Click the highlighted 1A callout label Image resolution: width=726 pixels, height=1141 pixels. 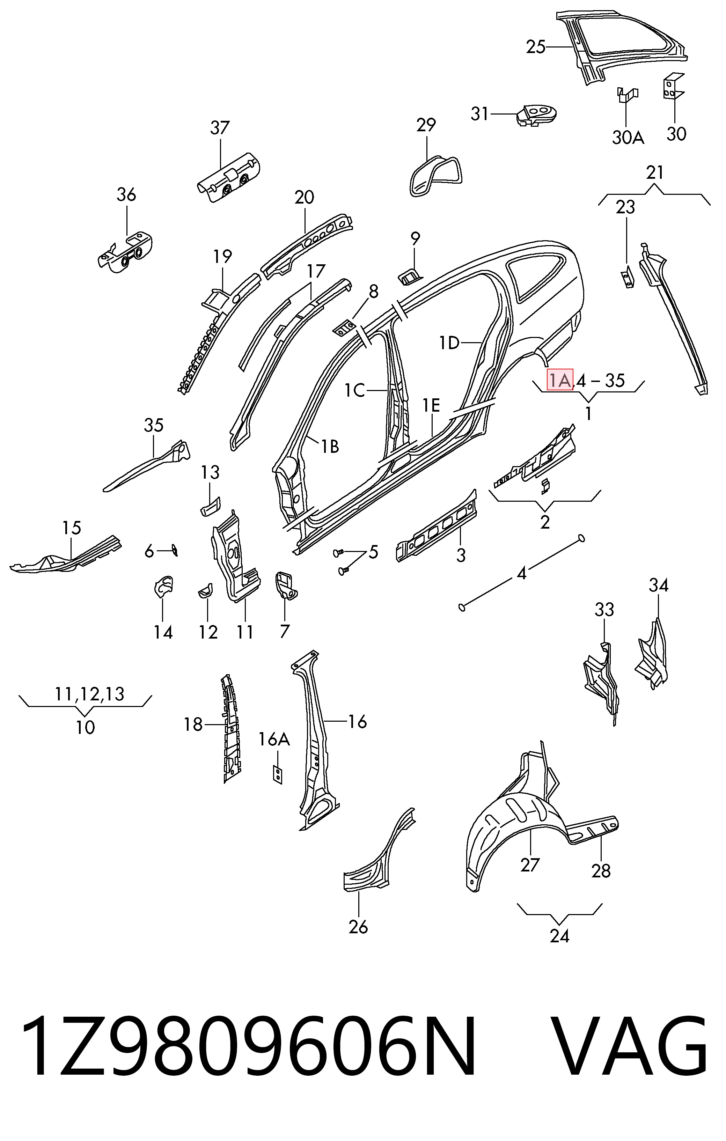tap(560, 380)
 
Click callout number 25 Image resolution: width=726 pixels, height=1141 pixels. tap(536, 47)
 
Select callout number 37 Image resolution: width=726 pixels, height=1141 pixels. tap(220, 127)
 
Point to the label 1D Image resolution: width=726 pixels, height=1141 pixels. tap(449, 342)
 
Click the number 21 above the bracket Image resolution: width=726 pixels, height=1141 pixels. tap(654, 172)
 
